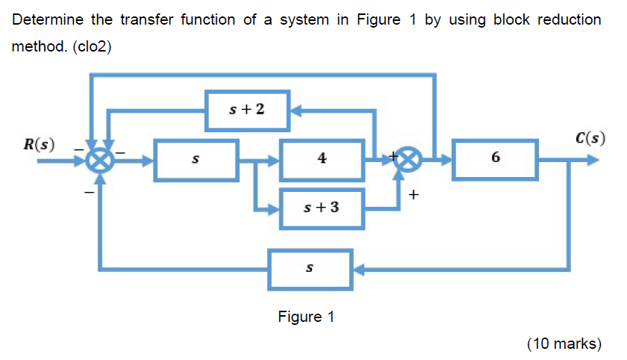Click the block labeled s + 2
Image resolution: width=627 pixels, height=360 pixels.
click(x=247, y=110)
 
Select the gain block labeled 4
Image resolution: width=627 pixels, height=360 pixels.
click(x=322, y=159)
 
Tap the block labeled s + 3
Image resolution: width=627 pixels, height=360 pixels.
click(x=322, y=207)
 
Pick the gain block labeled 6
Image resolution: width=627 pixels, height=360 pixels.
click(x=496, y=159)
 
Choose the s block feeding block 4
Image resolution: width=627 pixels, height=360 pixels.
click(x=196, y=159)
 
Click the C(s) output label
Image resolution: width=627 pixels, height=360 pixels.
click(x=590, y=139)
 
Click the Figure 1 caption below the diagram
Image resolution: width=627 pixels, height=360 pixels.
click(x=306, y=317)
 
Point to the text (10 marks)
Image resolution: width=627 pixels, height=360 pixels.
click(x=564, y=344)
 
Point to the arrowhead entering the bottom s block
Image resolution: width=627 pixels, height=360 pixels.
click(x=358, y=267)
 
